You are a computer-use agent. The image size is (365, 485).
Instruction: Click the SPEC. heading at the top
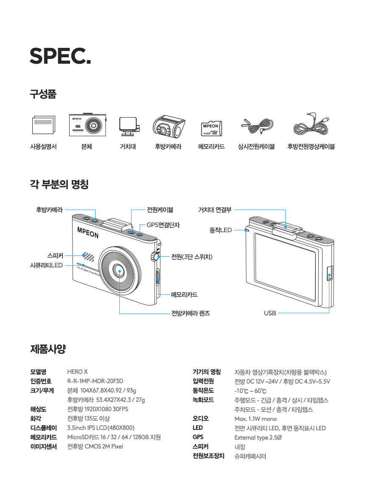60,55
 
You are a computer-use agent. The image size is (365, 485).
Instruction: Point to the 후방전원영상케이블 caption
311,147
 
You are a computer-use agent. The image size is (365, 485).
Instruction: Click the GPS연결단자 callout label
163,225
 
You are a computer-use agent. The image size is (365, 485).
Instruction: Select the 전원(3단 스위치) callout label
191,257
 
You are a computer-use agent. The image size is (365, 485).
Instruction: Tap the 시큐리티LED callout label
46,265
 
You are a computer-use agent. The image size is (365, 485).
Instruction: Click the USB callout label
270,313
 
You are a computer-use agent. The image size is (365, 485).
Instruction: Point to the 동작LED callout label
220,230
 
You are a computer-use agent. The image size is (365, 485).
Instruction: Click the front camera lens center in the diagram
120,271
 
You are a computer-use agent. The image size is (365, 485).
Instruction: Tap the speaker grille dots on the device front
88,256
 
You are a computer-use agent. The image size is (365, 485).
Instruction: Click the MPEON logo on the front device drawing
87,232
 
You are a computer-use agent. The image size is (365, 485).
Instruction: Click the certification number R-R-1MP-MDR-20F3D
95,381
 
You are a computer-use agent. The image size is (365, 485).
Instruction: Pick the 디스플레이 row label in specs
43,428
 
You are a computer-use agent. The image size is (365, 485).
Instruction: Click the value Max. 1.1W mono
255,419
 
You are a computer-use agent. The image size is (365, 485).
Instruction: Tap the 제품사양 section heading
48,350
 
